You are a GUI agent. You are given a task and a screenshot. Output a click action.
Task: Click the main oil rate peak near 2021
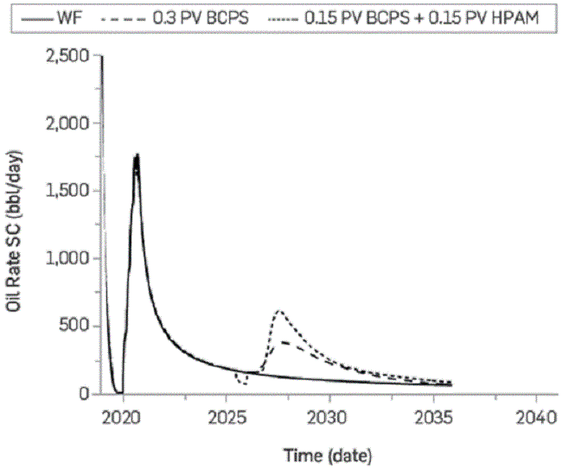pos(136,155)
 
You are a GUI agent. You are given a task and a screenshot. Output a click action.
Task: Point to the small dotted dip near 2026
pos(241,382)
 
